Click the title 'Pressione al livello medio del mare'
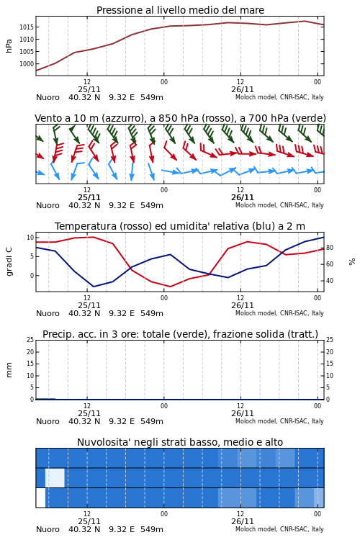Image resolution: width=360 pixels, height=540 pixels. point(180,10)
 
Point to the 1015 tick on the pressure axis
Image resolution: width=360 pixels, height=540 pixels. point(26,27)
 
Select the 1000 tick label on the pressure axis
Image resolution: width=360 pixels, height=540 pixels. point(26,64)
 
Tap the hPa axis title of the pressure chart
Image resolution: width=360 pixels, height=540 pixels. point(9,46)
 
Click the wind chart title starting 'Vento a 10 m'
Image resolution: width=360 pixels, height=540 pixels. point(180,118)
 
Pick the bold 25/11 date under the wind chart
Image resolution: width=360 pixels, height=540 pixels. point(89,198)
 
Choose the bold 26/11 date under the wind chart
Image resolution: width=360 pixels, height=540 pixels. point(242,198)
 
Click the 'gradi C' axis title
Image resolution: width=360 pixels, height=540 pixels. point(9,261)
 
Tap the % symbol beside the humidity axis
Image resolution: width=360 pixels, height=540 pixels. point(352,262)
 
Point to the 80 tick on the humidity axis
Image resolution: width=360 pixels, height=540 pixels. point(330,248)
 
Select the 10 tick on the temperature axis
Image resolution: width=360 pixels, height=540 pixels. point(30,238)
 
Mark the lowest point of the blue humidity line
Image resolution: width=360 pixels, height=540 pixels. point(94,287)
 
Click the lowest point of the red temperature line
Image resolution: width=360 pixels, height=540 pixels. point(170,287)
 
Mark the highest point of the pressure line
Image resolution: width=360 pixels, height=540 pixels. point(305,21)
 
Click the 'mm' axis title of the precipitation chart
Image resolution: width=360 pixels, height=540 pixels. point(9,370)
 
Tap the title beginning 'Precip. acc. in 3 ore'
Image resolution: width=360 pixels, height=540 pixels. point(180,334)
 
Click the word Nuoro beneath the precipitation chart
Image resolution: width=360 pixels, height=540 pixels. point(48,421)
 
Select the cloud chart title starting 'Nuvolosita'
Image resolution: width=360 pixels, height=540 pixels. point(180,442)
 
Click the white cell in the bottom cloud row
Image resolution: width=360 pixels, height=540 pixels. point(40,498)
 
